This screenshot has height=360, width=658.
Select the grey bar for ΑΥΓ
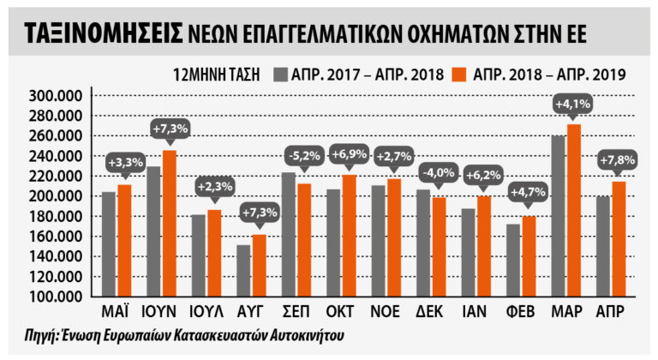(244, 271)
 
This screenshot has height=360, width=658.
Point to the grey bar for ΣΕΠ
(289, 234)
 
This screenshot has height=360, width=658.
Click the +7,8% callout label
(618, 160)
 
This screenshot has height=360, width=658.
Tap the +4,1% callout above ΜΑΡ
(572, 105)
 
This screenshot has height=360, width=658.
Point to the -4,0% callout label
(437, 173)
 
